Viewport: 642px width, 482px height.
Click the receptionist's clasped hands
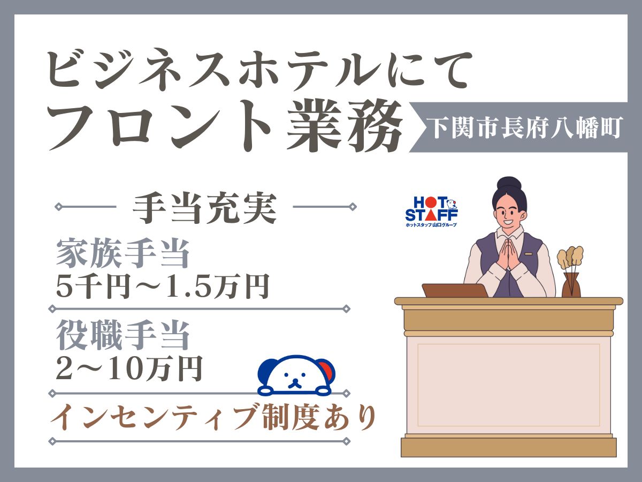[509, 260]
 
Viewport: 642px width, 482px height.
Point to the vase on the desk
[571, 285]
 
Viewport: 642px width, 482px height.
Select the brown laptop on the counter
[450, 290]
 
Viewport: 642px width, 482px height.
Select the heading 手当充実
[204, 207]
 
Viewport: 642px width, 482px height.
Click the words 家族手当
[123, 253]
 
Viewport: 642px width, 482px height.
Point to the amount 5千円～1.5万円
[163, 285]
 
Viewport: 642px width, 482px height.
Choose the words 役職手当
[123, 335]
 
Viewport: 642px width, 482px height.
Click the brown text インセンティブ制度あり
[213, 418]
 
